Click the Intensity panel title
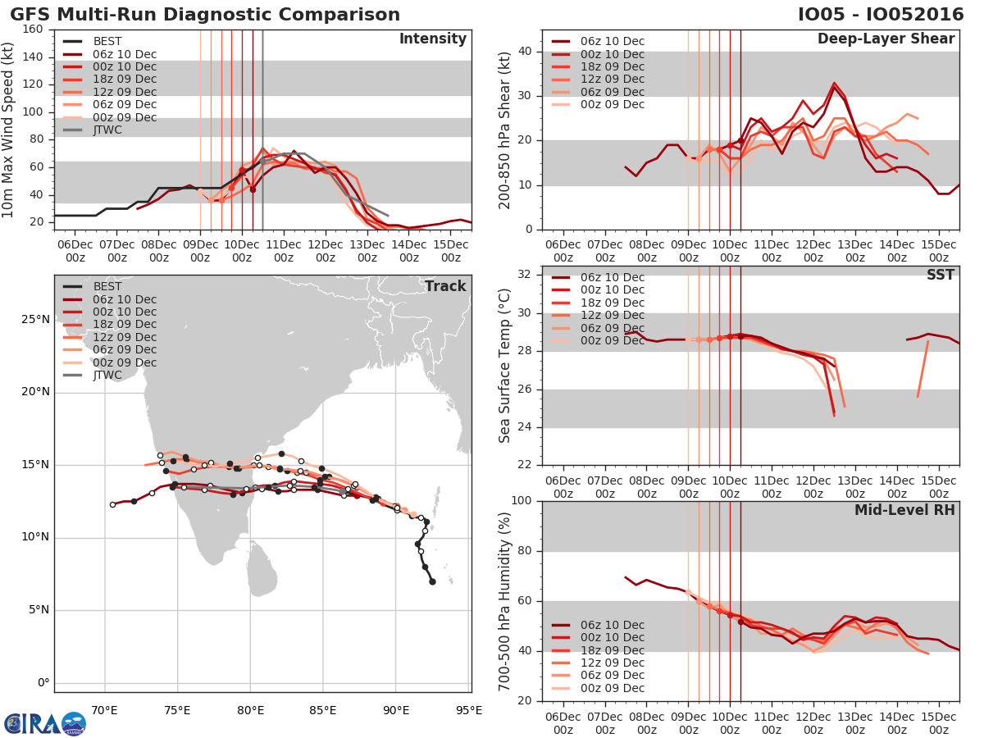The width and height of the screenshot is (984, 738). click(x=432, y=39)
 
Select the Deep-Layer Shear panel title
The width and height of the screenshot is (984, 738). click(x=886, y=39)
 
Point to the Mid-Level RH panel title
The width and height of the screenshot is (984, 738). click(x=904, y=510)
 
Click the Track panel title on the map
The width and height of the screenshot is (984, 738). click(x=445, y=286)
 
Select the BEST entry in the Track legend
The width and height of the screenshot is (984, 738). click(x=107, y=286)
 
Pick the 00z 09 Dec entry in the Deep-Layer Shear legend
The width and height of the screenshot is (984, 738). click(x=612, y=104)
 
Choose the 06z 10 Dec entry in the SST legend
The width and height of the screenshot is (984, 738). click(x=612, y=277)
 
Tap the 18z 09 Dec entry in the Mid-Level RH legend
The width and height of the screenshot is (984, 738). click(x=612, y=649)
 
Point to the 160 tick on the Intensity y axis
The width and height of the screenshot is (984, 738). click(x=33, y=30)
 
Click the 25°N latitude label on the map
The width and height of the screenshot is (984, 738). click(x=34, y=319)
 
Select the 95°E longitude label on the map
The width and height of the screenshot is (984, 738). click(x=469, y=711)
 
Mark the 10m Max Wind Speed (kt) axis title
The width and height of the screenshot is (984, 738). click(x=9, y=123)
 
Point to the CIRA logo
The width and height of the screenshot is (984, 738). click(x=44, y=723)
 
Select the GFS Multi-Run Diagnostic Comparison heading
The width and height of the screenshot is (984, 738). click(x=205, y=15)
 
